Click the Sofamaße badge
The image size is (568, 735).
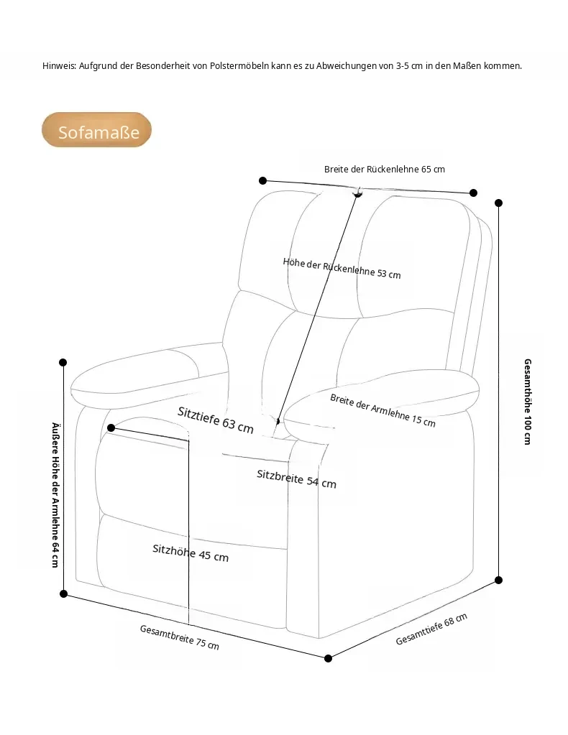click(96, 130)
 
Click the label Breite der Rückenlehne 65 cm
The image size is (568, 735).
click(384, 170)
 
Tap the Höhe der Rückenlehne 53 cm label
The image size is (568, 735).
click(342, 268)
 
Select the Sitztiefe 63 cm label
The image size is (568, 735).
click(216, 420)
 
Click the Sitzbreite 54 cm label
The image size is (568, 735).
click(296, 479)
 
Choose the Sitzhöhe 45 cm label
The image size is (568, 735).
click(191, 553)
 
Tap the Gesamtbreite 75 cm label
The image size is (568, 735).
click(180, 637)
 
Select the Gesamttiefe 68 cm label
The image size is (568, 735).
click(431, 629)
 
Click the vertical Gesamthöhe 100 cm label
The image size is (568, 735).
click(528, 402)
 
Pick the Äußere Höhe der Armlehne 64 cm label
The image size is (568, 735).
click(55, 495)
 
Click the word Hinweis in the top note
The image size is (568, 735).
click(59, 66)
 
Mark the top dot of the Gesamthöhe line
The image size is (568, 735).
click(498, 203)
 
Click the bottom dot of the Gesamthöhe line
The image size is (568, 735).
click(498, 581)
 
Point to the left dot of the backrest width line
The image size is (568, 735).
click(262, 180)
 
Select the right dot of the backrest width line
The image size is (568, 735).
click(473, 193)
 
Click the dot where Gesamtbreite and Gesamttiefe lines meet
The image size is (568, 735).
click(329, 659)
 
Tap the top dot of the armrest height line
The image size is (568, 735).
click(63, 362)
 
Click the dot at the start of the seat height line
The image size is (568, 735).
click(111, 428)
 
